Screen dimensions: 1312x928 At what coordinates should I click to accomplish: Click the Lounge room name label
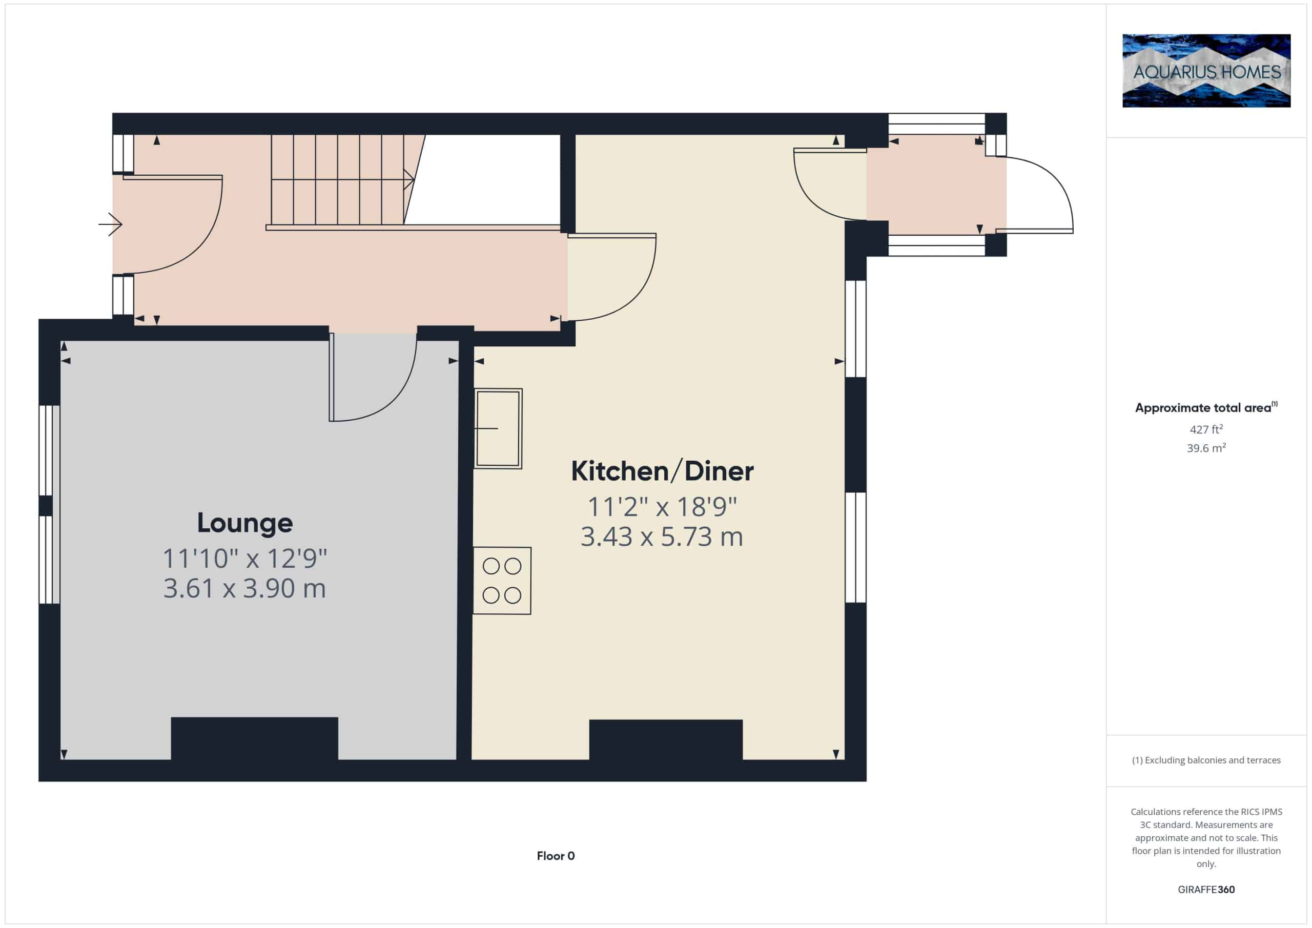pos(244,523)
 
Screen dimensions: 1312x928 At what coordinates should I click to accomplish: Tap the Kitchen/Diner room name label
pos(662,471)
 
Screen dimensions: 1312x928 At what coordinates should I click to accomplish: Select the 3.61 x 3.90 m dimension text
pos(244,589)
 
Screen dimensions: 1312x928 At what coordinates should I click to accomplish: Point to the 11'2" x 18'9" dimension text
pos(662,507)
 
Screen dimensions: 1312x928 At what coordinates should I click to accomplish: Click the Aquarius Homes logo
pos(1206,71)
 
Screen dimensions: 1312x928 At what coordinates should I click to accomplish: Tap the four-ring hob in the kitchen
pos(502,581)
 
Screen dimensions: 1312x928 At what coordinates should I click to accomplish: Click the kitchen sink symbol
pos(498,428)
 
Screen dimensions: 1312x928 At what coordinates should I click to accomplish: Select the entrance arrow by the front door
pos(110,224)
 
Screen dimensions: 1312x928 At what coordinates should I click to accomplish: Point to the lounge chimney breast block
pos(254,738)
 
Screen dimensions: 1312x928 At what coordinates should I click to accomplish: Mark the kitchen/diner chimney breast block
pos(666,739)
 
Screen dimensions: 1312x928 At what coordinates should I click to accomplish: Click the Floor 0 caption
pos(556,855)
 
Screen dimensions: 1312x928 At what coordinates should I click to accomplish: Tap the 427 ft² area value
pos(1206,428)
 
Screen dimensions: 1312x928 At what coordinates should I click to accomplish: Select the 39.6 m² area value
pos(1206,447)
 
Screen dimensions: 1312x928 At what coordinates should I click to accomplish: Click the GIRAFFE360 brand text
pos(1206,889)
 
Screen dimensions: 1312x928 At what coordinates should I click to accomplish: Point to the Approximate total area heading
pos(1206,407)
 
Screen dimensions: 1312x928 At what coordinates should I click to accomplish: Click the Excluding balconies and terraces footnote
pos(1206,760)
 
